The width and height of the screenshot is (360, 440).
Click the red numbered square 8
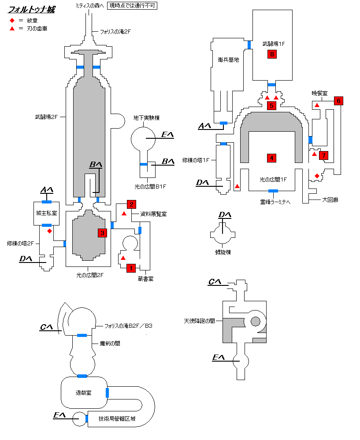click(272, 54)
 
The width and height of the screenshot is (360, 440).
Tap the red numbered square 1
click(131, 268)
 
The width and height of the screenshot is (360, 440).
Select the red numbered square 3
click(102, 233)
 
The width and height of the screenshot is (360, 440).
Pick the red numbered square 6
click(338, 101)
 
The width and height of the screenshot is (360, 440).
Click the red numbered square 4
click(271, 158)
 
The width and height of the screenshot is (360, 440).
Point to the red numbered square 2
click(131, 204)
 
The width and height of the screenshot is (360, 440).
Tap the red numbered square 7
click(323, 155)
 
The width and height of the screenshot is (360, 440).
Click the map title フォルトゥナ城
click(31, 10)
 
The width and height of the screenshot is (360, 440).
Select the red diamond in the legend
click(12, 21)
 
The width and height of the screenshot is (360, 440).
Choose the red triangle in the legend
click(12, 29)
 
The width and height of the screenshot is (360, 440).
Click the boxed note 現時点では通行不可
click(132, 6)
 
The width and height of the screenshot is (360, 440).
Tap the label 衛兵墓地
click(228, 60)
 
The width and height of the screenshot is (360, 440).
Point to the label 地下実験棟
click(146, 118)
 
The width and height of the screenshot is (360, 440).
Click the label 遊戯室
click(83, 393)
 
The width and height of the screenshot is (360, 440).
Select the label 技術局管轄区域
click(117, 419)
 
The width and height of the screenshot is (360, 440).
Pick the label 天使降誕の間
click(199, 321)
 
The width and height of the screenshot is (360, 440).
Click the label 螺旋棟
click(223, 252)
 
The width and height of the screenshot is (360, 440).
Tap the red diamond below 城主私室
click(49, 231)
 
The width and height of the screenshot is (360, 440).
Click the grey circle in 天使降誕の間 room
click(255, 321)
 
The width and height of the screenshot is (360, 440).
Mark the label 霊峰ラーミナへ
click(275, 202)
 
